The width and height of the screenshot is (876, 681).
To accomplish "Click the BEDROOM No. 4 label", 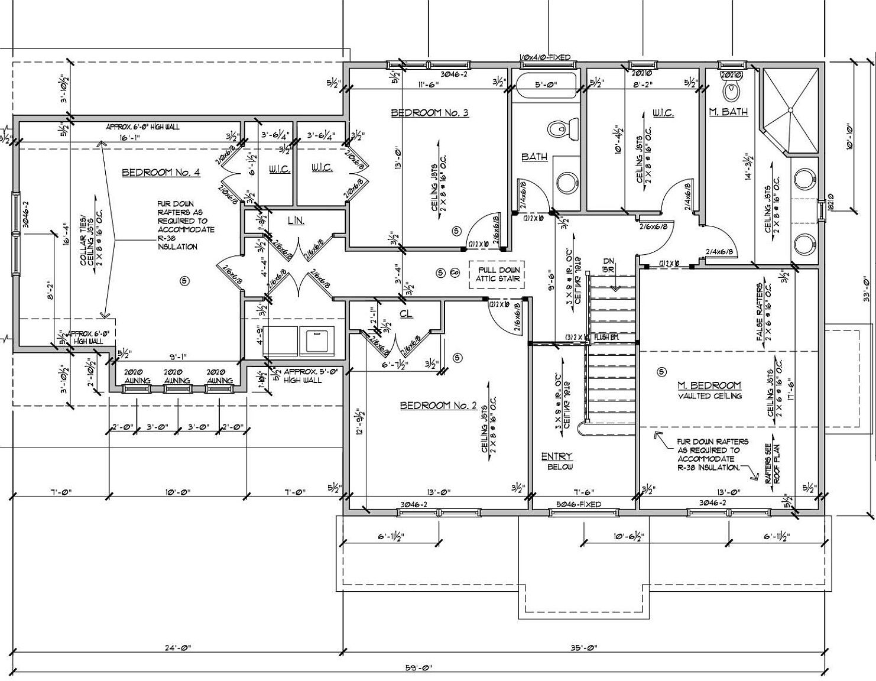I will click(x=161, y=173).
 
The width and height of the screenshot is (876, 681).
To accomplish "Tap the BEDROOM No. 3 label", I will click(x=430, y=112).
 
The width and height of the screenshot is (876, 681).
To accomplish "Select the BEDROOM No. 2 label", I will click(x=438, y=406).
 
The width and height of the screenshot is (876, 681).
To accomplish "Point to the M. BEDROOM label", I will click(x=709, y=385).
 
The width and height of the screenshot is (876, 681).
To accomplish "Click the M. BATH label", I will click(x=728, y=111).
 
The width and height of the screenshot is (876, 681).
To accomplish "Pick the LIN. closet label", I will click(x=296, y=220).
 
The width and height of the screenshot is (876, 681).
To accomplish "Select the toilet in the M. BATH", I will click(x=731, y=90).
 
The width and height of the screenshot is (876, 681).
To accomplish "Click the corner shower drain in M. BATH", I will click(x=790, y=109).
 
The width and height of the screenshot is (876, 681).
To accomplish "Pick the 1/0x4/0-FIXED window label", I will click(x=544, y=57).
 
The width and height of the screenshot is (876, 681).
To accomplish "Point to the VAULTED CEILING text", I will click(x=709, y=396).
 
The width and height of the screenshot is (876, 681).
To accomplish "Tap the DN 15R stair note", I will click(x=609, y=265).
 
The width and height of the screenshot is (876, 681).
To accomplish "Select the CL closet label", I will click(x=405, y=314).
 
